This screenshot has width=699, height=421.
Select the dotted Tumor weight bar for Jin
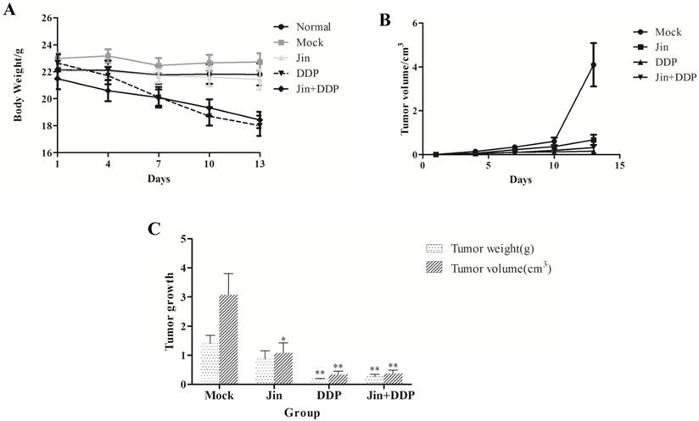click(x=265, y=370)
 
